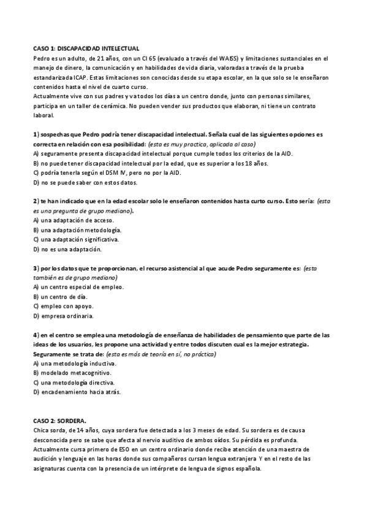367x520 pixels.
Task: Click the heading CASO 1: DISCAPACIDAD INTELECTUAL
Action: (86, 48)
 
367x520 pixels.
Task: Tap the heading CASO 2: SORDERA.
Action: (59, 420)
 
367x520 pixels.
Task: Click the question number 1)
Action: (36, 134)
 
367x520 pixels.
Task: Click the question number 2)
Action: (36, 201)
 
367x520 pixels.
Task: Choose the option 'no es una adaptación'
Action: (70, 249)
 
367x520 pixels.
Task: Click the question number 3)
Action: (36, 268)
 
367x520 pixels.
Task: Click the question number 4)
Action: (36, 335)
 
